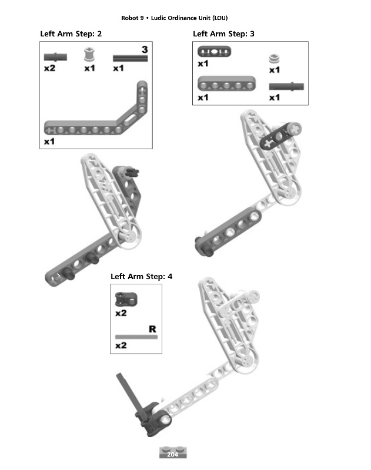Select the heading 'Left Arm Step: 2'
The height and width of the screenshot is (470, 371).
click(71, 34)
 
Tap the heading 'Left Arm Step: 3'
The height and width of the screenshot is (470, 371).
click(223, 34)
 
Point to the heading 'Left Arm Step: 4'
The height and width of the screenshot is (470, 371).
click(141, 276)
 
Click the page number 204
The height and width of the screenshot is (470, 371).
click(173, 454)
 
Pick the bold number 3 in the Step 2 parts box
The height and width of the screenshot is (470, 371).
click(145, 49)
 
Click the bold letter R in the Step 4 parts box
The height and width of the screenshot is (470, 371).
click(152, 329)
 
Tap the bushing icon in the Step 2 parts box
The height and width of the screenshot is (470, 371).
click(89, 56)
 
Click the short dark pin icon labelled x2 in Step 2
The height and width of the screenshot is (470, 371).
click(55, 57)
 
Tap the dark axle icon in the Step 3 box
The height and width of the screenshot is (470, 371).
click(286, 86)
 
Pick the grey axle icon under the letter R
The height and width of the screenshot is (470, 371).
click(136, 337)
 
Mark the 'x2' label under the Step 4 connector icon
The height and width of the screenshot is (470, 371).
click(121, 313)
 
